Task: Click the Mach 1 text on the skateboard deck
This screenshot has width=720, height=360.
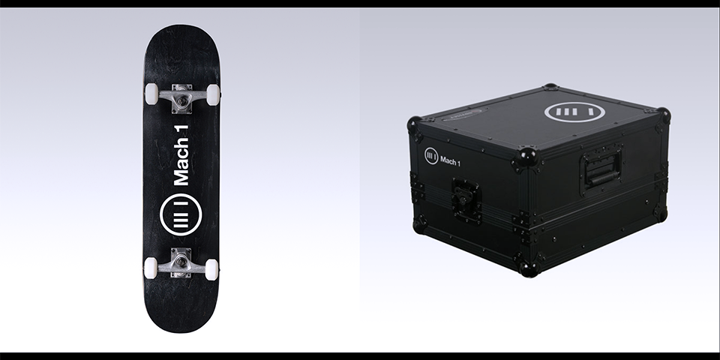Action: coord(181,155)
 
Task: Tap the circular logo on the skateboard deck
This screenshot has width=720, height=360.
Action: coord(181,215)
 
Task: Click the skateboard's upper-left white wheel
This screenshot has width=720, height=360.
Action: coord(151,94)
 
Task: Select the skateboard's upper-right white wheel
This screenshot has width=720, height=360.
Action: coord(212,94)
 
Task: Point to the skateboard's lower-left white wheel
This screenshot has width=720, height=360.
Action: coord(150,268)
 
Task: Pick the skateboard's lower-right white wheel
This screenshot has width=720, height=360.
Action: coord(211,269)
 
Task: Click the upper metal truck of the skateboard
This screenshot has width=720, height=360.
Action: coord(181,98)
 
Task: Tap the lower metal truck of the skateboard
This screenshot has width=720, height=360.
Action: coord(181,262)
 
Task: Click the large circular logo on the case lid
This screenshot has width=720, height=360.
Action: coord(574,112)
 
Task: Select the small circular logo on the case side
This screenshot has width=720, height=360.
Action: coord(431,156)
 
